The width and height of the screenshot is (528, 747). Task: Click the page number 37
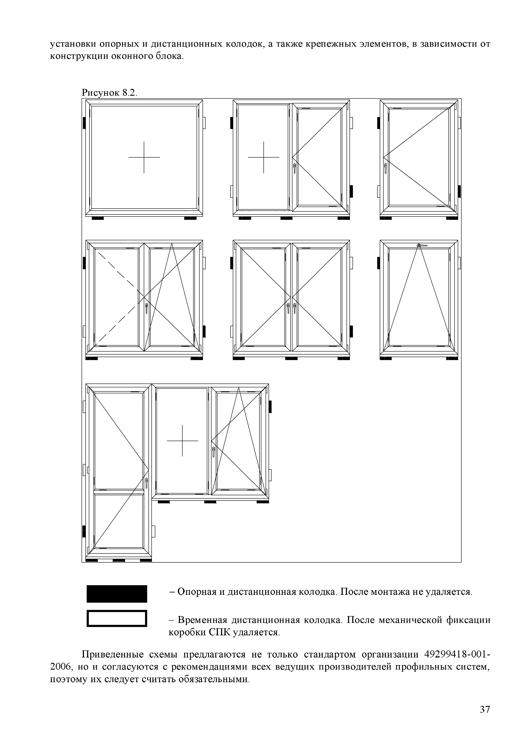click(x=484, y=709)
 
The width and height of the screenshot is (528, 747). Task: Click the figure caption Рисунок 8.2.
click(x=109, y=93)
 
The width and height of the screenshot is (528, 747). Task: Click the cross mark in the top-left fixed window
click(x=144, y=158)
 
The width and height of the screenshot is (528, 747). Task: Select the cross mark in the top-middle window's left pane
click(x=263, y=158)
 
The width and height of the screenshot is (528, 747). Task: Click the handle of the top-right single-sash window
click(x=386, y=168)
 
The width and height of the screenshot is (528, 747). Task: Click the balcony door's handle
click(x=147, y=483)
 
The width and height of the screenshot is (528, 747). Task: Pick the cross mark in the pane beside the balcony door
click(x=182, y=441)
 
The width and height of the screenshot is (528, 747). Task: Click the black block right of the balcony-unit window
click(x=270, y=407)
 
